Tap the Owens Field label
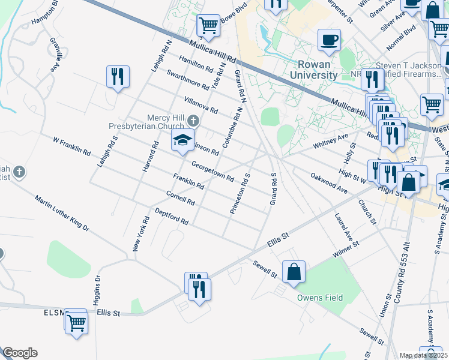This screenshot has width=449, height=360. [x=319, y=298]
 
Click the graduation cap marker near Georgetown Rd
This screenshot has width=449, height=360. [x=182, y=142]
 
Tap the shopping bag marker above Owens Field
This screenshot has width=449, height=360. [x=294, y=272]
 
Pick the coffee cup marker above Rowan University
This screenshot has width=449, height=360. [x=329, y=41]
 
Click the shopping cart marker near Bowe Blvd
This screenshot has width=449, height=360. [x=208, y=26]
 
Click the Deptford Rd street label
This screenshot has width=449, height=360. [x=172, y=217]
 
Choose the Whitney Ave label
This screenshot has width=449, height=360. [x=331, y=142]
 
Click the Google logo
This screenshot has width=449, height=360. [x=20, y=353]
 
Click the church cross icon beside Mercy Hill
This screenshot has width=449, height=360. [x=193, y=118]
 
